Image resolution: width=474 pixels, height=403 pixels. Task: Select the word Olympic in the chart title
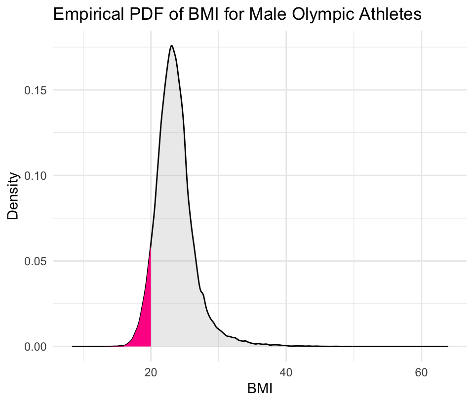[312, 14]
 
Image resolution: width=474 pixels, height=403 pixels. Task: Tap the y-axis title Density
[13, 195]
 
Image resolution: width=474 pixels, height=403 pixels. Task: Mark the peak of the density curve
[171, 46]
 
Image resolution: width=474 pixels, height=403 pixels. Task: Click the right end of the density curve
[447, 346]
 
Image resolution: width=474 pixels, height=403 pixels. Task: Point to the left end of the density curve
[73, 346]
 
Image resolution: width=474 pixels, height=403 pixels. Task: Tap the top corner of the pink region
[151, 246]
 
